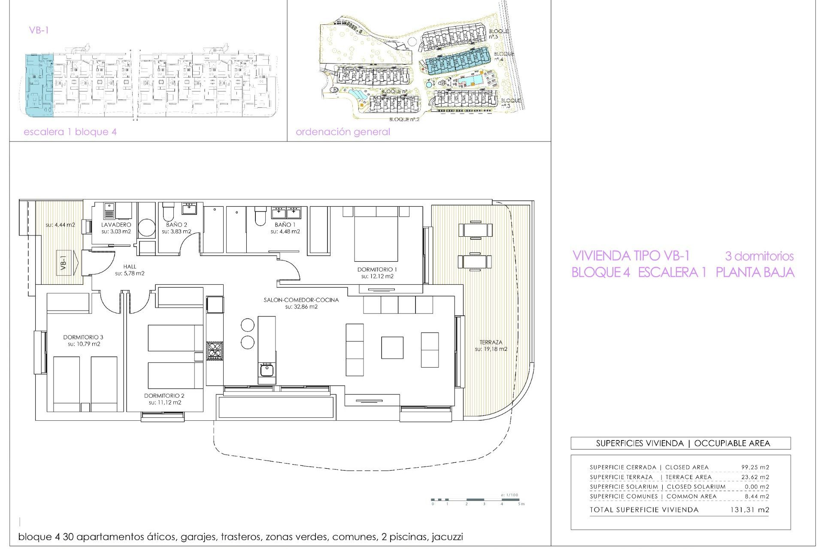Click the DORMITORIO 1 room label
click(x=377, y=269)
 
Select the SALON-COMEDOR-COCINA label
click(x=301, y=300)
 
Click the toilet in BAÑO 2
click(x=168, y=213)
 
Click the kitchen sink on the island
click(x=267, y=369)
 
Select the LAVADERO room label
click(x=116, y=225)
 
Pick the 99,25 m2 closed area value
click(x=755, y=467)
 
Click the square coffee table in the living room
click(x=392, y=348)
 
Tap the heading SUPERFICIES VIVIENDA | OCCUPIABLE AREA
click(x=683, y=443)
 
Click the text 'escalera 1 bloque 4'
click(x=70, y=132)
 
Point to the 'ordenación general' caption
click(x=343, y=132)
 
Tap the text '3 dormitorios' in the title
click(x=759, y=256)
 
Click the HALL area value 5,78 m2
click(x=130, y=273)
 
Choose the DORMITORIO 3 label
click(x=83, y=337)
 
